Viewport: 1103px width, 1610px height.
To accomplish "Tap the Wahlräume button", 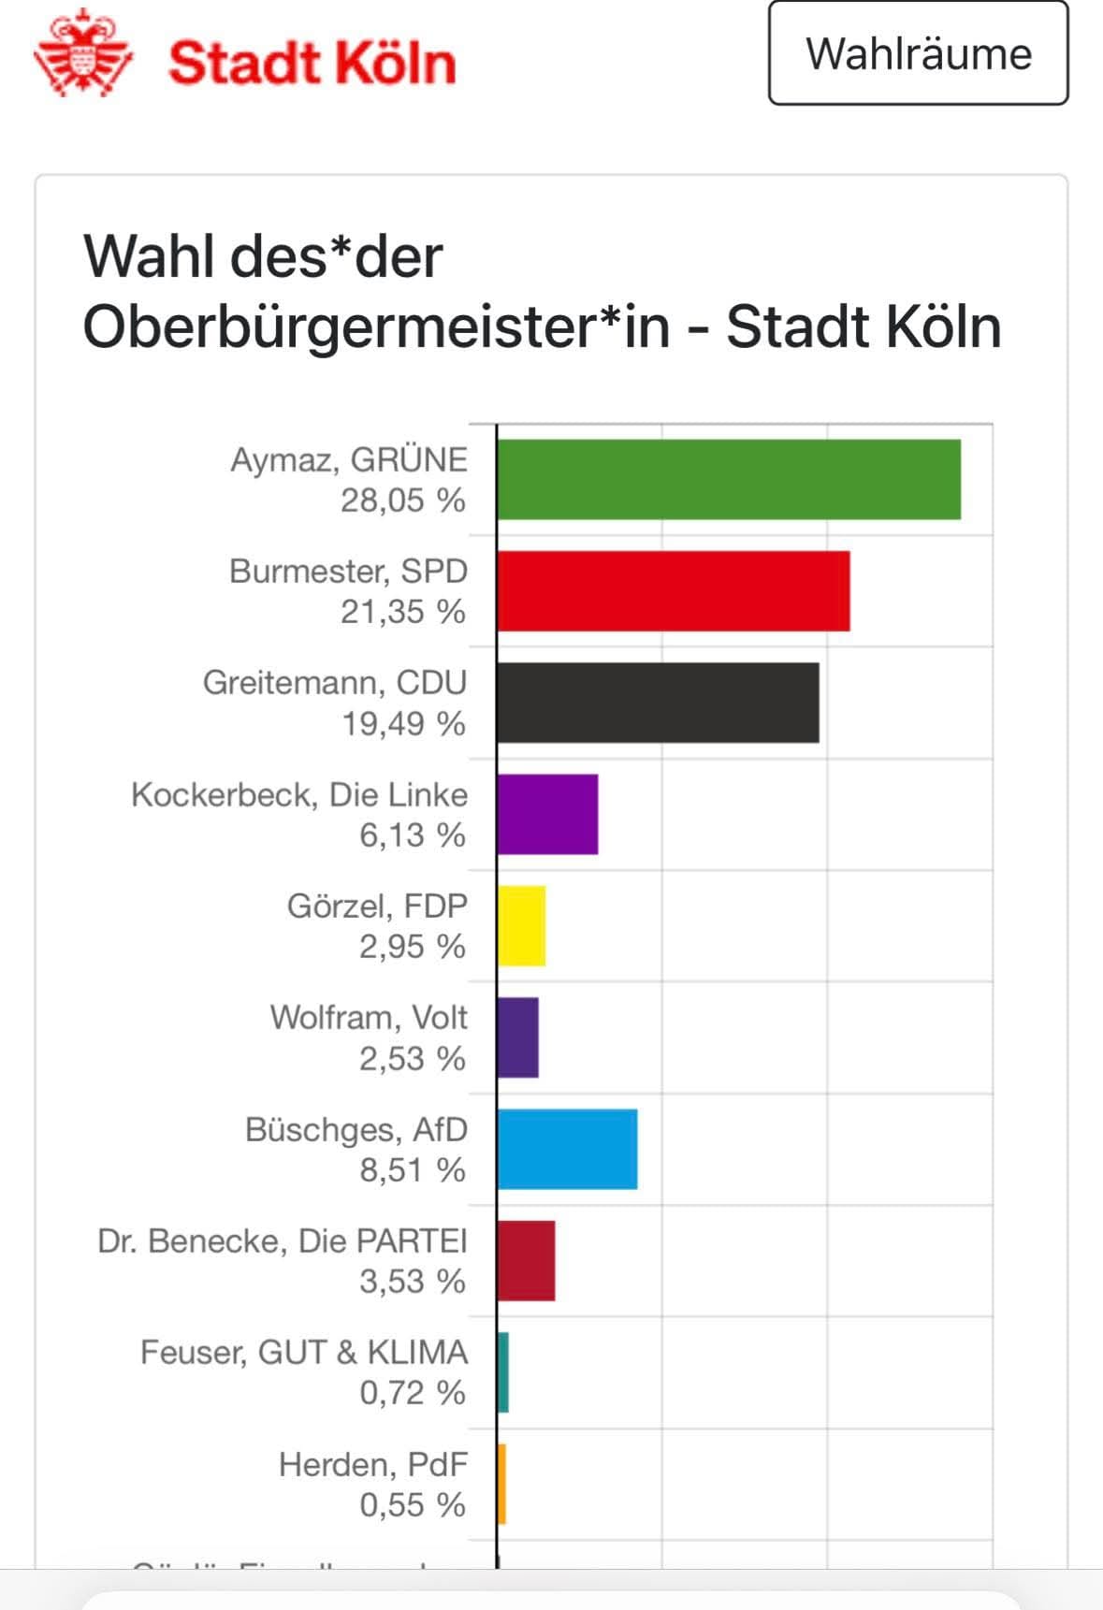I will pyautogui.click(x=918, y=53).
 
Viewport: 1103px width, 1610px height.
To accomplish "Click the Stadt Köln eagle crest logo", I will pyautogui.click(x=82, y=54).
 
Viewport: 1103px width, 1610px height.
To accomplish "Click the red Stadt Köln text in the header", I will pyautogui.click(x=312, y=64).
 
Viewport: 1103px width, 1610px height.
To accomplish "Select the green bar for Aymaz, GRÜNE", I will pyautogui.click(x=728, y=479).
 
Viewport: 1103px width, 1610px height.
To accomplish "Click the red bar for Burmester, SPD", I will pyautogui.click(x=673, y=591).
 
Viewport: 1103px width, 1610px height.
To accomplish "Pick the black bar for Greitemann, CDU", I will pyautogui.click(x=658, y=703).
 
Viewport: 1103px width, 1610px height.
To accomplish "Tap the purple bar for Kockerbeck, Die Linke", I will pyautogui.click(x=547, y=814).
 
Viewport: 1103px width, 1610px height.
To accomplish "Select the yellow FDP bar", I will pyautogui.click(x=521, y=925).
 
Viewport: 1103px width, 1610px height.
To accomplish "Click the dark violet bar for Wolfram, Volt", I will pyautogui.click(x=517, y=1037).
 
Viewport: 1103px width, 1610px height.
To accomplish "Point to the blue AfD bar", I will pyautogui.click(x=567, y=1149).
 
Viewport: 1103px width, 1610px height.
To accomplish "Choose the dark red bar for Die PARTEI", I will pyautogui.click(x=526, y=1260).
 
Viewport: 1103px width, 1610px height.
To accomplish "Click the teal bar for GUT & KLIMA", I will pyautogui.click(x=503, y=1372).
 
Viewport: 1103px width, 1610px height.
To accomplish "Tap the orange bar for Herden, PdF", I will pyautogui.click(x=502, y=1484).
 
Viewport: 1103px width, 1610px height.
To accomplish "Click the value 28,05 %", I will pyautogui.click(x=403, y=500).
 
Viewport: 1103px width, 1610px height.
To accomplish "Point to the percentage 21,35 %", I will pyautogui.click(x=403, y=612).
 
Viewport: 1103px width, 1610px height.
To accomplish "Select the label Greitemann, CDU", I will pyautogui.click(x=335, y=682).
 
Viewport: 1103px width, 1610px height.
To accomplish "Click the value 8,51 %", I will pyautogui.click(x=413, y=1169).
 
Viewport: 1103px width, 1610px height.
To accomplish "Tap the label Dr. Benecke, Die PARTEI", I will pyautogui.click(x=283, y=1240).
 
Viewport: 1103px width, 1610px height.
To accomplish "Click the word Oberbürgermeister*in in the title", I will pyautogui.click(x=376, y=326).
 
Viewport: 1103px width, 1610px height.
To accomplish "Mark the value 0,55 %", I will pyautogui.click(x=413, y=1504).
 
